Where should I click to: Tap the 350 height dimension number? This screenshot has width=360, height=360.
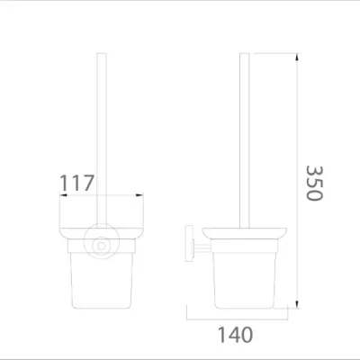(x=313, y=184)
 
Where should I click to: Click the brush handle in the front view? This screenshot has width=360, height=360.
(x=101, y=135)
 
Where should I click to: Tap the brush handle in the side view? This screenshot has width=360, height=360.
(x=244, y=135)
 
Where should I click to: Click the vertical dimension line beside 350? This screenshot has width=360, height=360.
(x=296, y=180)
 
